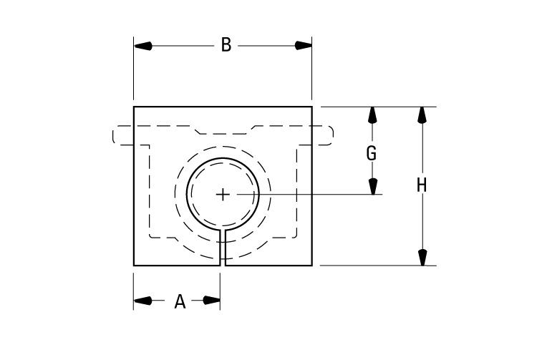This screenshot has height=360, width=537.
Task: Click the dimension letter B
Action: click(x=226, y=46)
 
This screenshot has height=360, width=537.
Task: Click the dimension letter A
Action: click(x=180, y=302)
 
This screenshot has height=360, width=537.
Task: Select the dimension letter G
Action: click(x=372, y=153)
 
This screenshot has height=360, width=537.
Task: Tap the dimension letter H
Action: click(x=422, y=186)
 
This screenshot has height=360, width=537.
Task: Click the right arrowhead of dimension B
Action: click(x=303, y=46)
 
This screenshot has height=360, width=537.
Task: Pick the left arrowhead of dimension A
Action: click(x=142, y=301)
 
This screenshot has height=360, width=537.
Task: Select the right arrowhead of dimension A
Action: click(x=211, y=301)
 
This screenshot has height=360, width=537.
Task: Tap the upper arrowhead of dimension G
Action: click(x=372, y=115)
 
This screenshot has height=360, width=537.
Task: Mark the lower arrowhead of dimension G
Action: click(x=372, y=186)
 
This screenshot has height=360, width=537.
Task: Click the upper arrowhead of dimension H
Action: click(x=422, y=115)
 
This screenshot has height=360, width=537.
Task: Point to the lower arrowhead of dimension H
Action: click(x=422, y=257)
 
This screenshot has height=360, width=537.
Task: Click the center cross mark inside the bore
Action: click(x=223, y=194)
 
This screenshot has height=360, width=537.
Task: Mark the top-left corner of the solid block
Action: click(x=134, y=107)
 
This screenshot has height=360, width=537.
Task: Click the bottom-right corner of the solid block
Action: click(x=312, y=266)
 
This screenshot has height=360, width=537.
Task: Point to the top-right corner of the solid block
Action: click(x=312, y=107)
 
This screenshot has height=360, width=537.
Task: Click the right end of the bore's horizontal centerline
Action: click(x=382, y=194)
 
